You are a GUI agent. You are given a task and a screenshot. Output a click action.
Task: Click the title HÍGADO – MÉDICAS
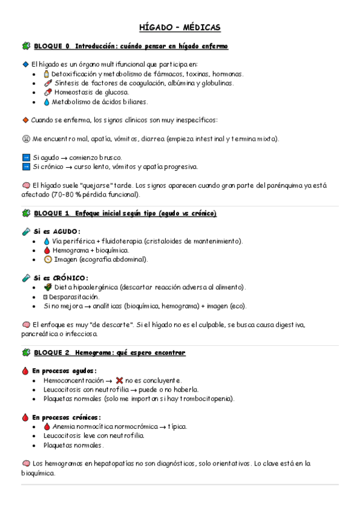(180, 28)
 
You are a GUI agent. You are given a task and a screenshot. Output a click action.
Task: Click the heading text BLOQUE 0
(52, 46)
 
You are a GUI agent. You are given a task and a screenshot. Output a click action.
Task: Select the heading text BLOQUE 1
(52, 214)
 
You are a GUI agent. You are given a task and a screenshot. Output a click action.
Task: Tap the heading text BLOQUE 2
(52, 352)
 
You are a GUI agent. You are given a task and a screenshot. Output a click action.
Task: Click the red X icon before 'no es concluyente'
(120, 381)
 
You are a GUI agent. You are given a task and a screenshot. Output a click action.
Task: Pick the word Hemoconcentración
(73, 381)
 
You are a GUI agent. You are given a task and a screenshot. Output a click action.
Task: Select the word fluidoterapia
(118, 241)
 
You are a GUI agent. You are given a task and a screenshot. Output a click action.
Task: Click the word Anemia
(64, 427)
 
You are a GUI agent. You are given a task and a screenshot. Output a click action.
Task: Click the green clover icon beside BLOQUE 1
(26, 214)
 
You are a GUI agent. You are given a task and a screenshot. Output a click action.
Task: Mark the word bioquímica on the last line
(37, 473)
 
